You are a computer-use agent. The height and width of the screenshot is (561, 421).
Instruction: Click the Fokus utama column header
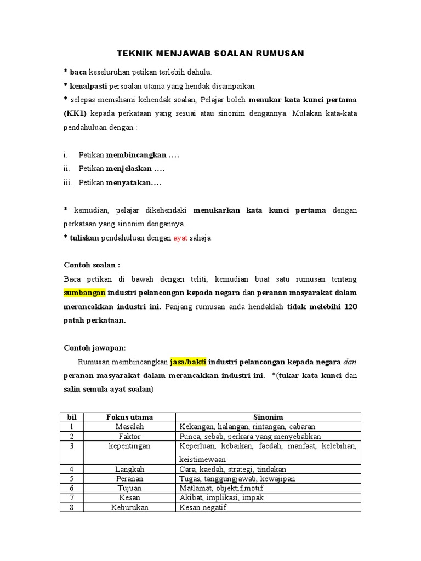129,417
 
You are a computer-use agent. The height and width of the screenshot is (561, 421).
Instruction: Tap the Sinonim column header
268,417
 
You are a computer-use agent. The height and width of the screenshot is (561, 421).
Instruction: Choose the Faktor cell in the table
129,436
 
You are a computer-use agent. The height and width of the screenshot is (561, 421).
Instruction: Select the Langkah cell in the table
129,469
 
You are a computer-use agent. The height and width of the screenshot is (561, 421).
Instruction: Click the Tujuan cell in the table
129,488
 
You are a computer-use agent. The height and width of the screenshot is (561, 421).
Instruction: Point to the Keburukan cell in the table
129,507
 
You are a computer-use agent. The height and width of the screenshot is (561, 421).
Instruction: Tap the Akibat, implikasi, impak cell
219,497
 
